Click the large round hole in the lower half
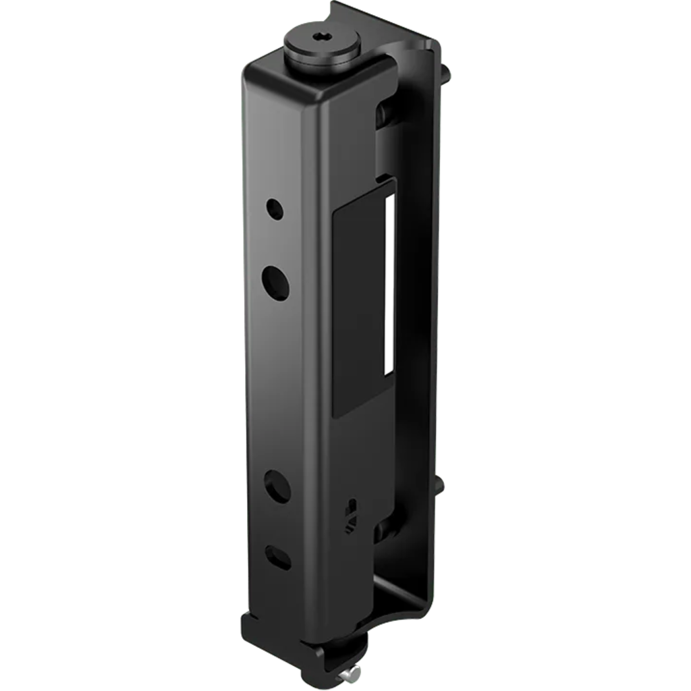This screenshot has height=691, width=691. [276, 485]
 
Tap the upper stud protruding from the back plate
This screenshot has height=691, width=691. [446, 70]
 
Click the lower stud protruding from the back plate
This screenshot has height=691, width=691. [442, 485]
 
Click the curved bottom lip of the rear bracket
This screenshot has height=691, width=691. [405, 615]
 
